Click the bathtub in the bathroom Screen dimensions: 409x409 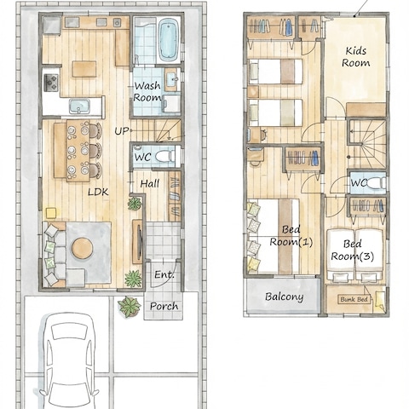point(169,40)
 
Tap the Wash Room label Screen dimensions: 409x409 point(147,91)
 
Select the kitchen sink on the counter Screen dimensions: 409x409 point(79,107)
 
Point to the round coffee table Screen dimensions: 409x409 point(82,248)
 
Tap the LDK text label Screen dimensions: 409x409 point(98,192)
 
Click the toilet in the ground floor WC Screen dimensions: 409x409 point(164,156)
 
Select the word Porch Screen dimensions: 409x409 point(164,306)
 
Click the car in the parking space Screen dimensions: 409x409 point(70,360)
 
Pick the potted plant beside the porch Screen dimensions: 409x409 point(130,307)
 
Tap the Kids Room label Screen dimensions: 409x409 point(356,57)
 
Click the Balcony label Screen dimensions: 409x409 point(285,297)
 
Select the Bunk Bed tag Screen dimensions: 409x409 point(354,299)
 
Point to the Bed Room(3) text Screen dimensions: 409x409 point(353,251)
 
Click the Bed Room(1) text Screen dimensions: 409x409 point(291,236)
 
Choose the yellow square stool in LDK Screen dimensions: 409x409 point(51,213)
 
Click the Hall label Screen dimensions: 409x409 point(150,184)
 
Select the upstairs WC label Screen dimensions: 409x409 point(359,183)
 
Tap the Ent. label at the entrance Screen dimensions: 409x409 point(164,274)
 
